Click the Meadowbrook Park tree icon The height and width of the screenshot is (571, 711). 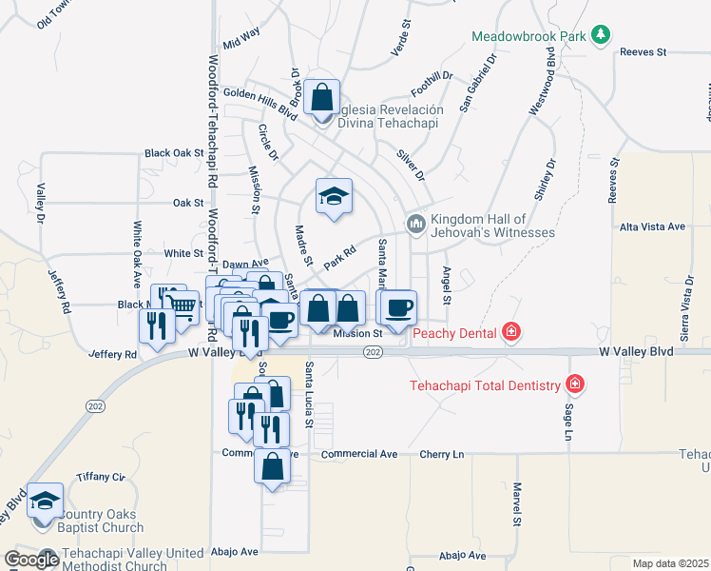click(x=600, y=36)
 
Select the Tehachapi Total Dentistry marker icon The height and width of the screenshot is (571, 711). click(x=574, y=385)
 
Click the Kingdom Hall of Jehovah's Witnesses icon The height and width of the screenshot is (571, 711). click(x=414, y=224)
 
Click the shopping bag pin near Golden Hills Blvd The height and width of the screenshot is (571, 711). click(x=323, y=98)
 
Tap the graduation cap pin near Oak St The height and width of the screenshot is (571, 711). click(x=334, y=197)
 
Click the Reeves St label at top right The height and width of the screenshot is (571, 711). click(x=644, y=52)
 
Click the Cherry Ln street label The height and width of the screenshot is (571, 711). click(x=442, y=454)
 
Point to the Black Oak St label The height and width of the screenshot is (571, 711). click(x=174, y=152)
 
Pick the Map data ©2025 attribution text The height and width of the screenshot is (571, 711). click(x=669, y=563)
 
